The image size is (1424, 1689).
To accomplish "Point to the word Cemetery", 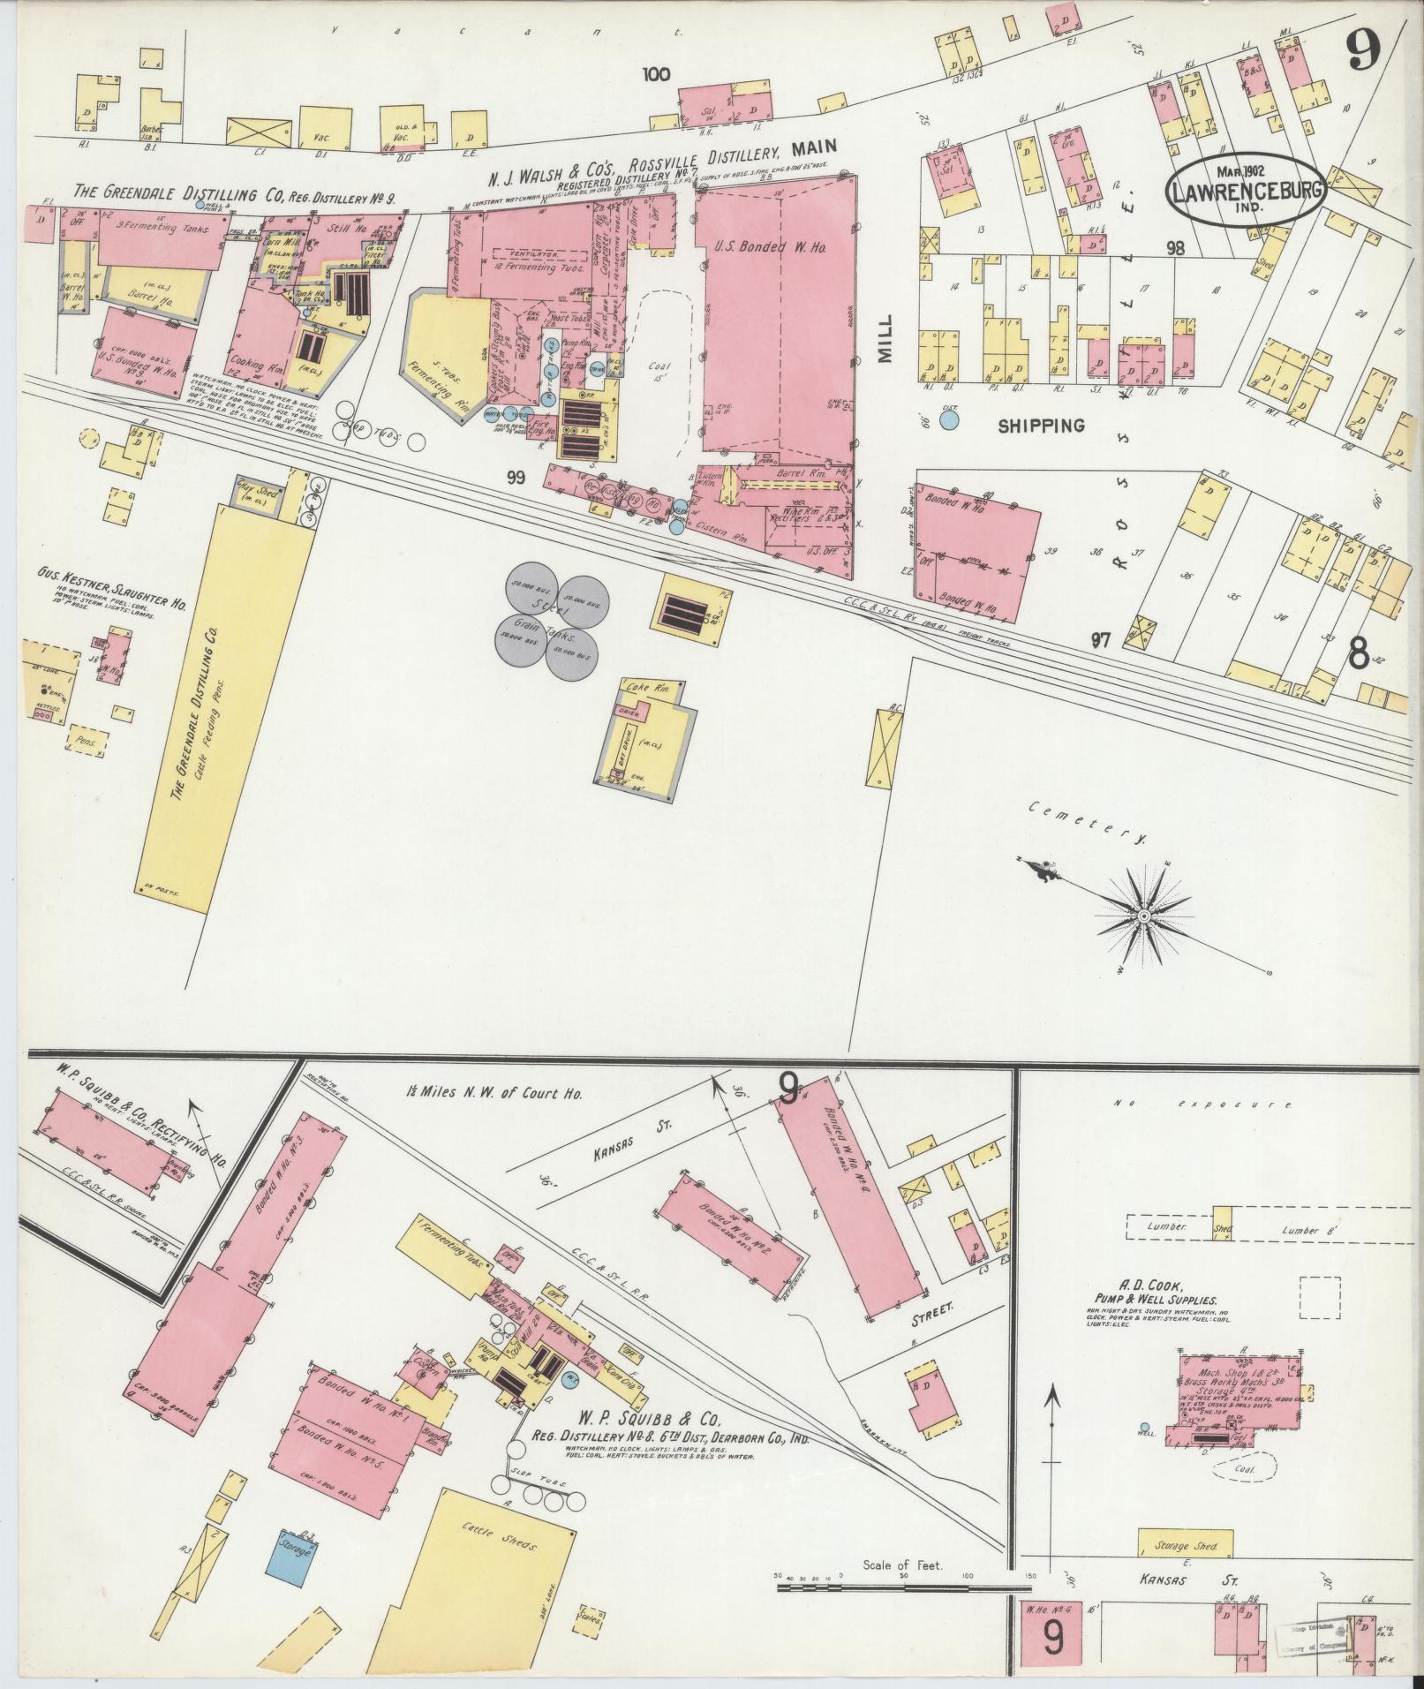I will click(x=1086, y=822).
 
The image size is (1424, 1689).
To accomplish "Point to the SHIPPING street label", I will click(x=1041, y=426).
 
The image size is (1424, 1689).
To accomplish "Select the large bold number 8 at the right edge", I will click(x=1359, y=655).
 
